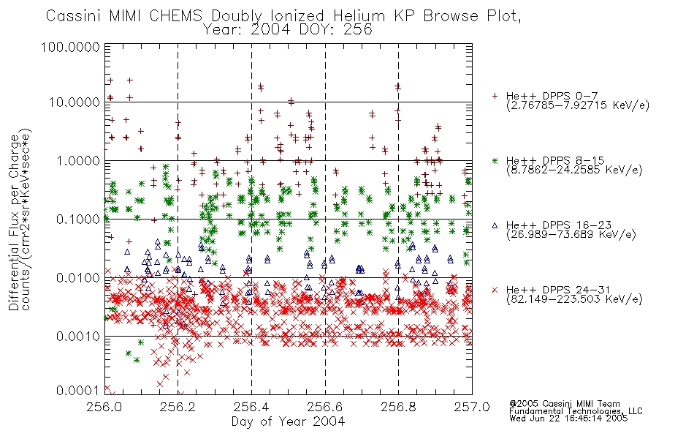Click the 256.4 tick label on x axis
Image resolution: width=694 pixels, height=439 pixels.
tap(251, 408)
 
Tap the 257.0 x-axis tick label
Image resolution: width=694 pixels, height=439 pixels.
tap(472, 408)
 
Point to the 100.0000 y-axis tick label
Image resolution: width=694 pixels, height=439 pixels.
tap(70, 47)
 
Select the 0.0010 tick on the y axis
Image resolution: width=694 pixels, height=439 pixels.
tap(78, 337)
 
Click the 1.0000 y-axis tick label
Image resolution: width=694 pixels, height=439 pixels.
tap(78, 160)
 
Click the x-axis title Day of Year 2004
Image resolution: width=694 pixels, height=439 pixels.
tap(288, 421)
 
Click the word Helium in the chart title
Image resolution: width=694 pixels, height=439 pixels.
tap(359, 16)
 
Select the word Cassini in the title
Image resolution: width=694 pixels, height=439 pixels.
tap(75, 16)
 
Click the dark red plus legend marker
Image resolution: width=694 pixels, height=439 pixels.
tap(495, 96)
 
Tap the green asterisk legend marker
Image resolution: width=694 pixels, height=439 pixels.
tap(495, 160)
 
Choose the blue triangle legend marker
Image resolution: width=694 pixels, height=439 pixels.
tap(495, 225)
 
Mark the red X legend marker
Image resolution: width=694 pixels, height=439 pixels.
tap(495, 290)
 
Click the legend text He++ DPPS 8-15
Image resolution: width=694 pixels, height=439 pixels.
tap(555, 160)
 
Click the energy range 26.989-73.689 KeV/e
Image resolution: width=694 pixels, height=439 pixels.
tap(571, 234)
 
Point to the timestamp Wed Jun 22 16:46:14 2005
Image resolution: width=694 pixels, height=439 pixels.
tap(568, 419)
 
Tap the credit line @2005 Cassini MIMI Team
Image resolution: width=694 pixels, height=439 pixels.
tap(564, 404)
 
